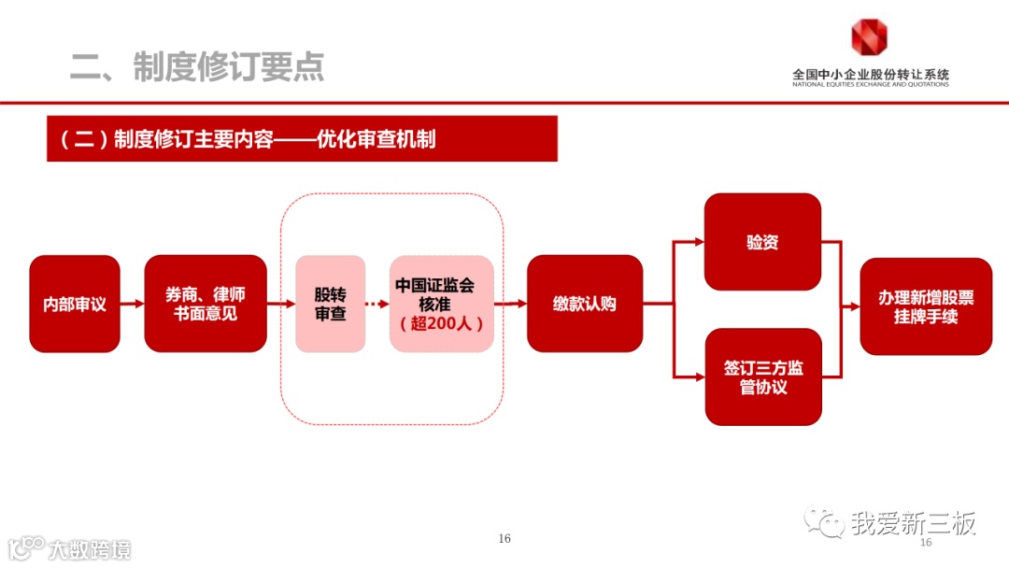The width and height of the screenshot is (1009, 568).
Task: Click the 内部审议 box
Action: click(x=75, y=304)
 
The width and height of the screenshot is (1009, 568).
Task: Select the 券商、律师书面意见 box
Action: click(x=206, y=304)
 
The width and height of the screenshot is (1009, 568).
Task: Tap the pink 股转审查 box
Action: click(x=330, y=304)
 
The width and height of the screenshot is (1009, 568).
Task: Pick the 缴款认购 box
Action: click(x=585, y=304)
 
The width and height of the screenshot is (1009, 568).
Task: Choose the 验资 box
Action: click(x=762, y=242)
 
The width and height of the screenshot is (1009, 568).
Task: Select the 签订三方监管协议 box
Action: click(x=762, y=376)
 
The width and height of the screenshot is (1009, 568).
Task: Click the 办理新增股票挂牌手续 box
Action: click(x=925, y=306)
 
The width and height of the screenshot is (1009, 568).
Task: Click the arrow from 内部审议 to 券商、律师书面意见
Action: click(x=132, y=304)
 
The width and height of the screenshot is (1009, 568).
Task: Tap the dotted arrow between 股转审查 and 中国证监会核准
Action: click(x=377, y=304)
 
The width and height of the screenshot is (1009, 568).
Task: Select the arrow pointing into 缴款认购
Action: click(x=510, y=304)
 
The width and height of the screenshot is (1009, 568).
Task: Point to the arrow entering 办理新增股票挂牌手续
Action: click(x=850, y=306)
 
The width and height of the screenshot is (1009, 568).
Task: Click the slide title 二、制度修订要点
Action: click(x=197, y=66)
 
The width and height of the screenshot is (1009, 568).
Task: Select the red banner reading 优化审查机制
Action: click(x=302, y=139)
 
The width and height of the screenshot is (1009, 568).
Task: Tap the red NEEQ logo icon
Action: click(x=869, y=38)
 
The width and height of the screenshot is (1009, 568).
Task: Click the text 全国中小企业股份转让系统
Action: click(x=870, y=74)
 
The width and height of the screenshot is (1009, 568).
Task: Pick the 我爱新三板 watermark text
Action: click(x=912, y=523)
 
